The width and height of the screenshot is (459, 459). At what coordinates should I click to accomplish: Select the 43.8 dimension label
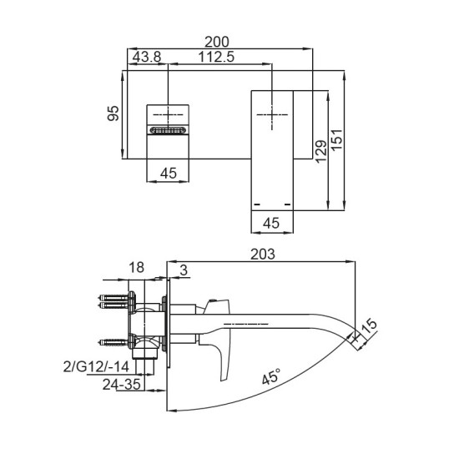tap(147, 57)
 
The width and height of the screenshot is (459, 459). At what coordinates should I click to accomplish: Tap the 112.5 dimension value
tap(216, 57)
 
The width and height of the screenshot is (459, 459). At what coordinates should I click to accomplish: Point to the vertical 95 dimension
tap(114, 113)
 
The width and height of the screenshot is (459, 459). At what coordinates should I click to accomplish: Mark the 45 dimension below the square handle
tap(169, 174)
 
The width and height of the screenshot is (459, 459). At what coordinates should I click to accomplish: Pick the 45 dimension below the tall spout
tap(271, 223)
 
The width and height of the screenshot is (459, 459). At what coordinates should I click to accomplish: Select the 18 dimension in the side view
tap(138, 268)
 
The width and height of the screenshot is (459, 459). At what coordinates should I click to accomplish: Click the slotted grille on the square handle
tap(169, 130)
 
